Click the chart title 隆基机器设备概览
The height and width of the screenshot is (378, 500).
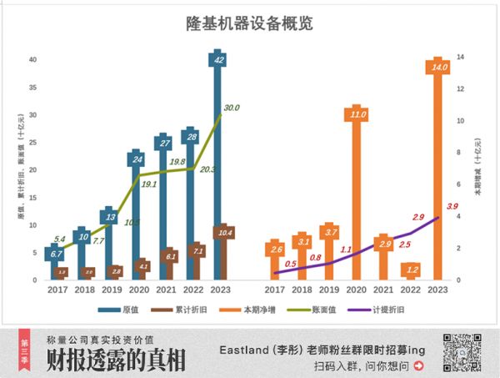tap(249, 24)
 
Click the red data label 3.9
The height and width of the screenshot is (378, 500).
tap(452, 206)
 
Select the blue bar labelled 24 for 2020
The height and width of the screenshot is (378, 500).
tap(137, 217)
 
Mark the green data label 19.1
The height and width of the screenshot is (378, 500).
tap(149, 184)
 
